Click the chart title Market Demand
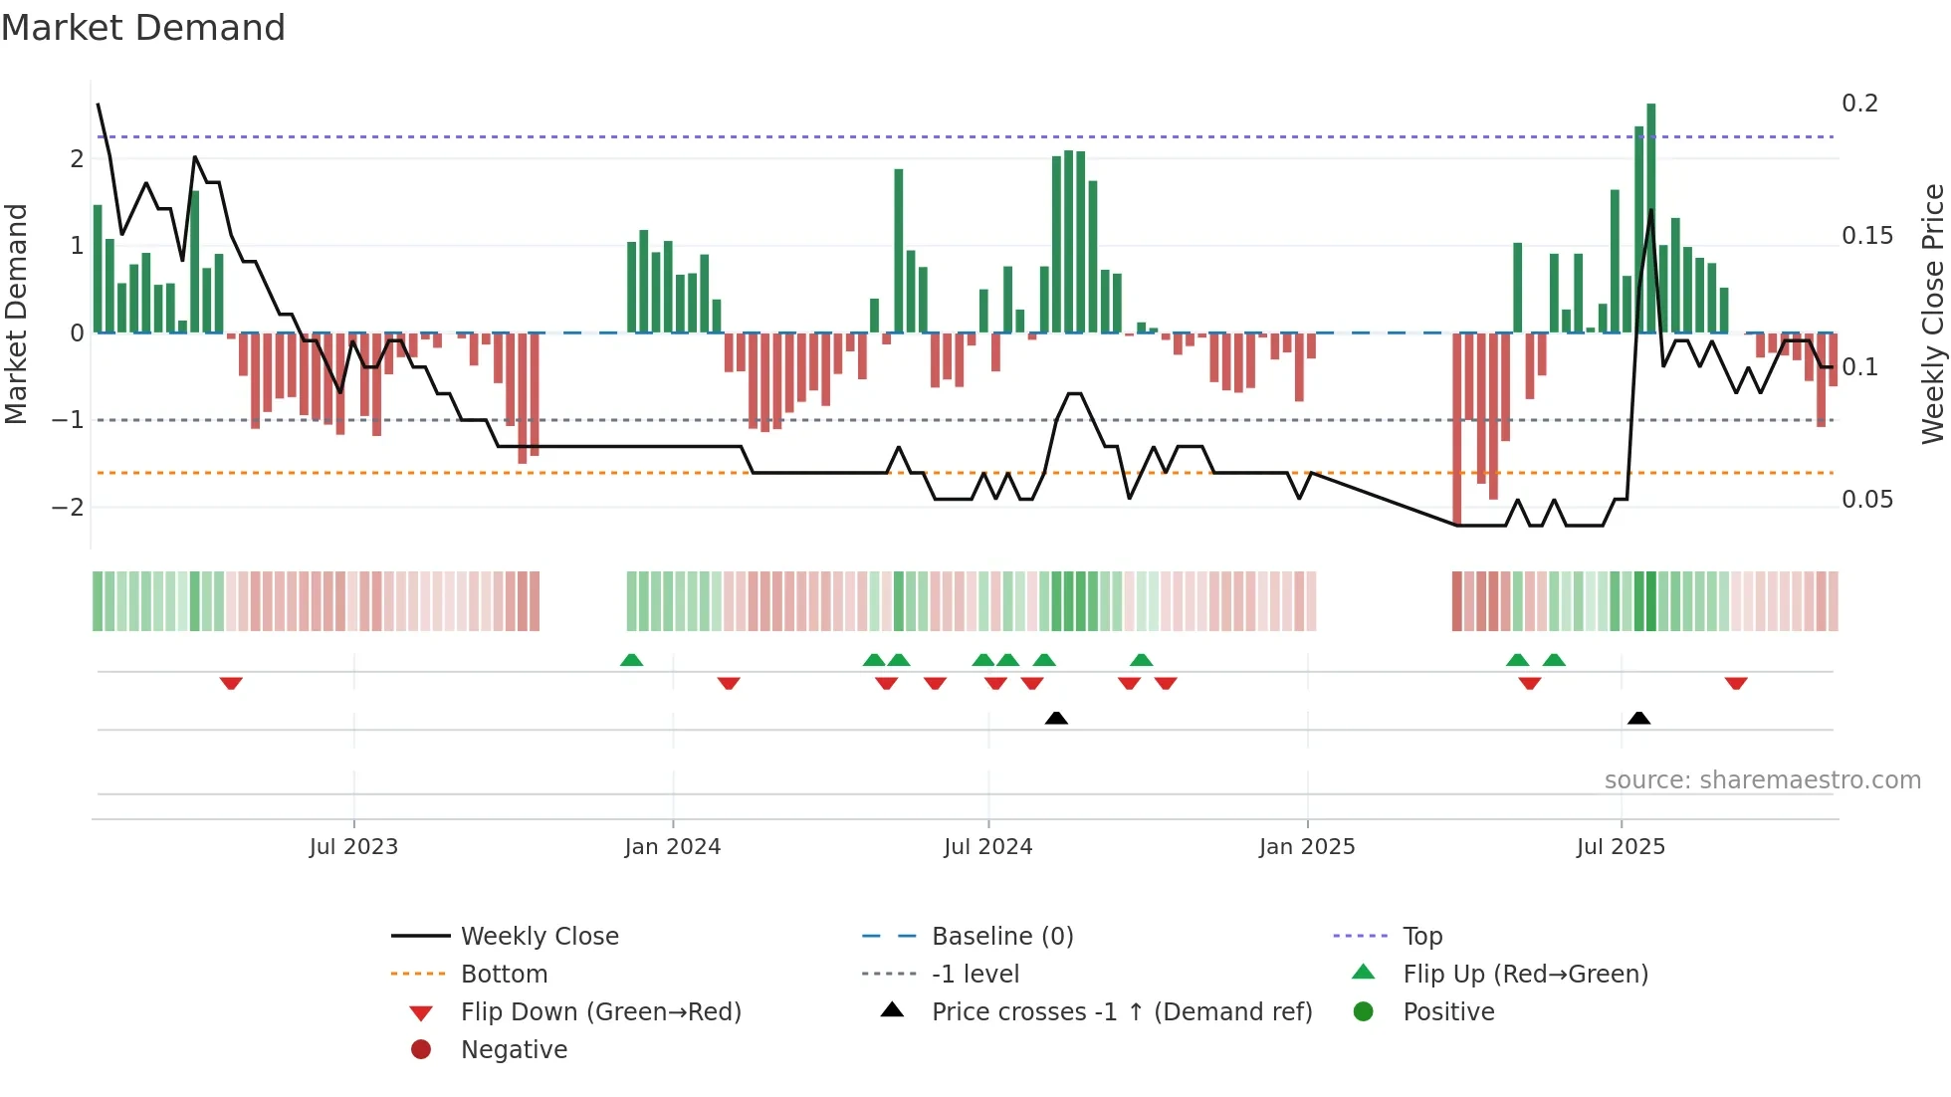pyautogui.click(x=143, y=28)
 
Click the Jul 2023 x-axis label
pyautogui.click(x=353, y=847)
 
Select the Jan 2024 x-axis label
pyautogui.click(x=672, y=847)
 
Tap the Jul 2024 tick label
pyautogui.click(x=987, y=847)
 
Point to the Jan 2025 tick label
pyautogui.click(x=1306, y=847)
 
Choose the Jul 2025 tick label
pyautogui.click(x=1621, y=847)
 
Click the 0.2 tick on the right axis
pyautogui.click(x=1859, y=104)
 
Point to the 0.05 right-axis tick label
pyautogui.click(x=1866, y=500)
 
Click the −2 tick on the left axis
pyautogui.click(x=68, y=508)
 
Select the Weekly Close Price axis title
pyautogui.click(x=1932, y=314)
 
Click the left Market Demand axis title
pyautogui.click(x=16, y=314)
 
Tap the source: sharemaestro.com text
pyautogui.click(x=1762, y=780)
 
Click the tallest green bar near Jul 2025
pyautogui.click(x=1650, y=219)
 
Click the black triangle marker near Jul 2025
pyautogui.click(x=1638, y=718)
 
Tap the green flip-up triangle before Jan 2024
pyautogui.click(x=631, y=660)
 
